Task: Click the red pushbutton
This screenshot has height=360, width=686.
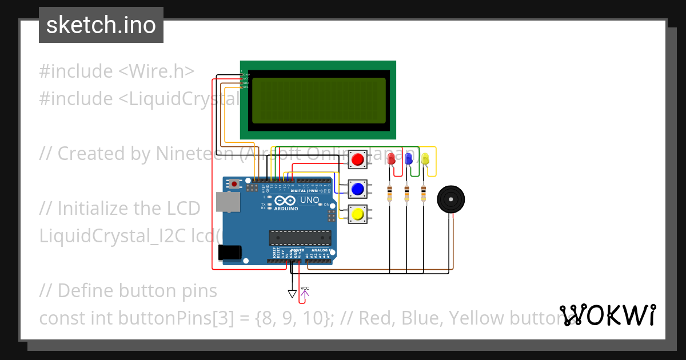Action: tap(358, 159)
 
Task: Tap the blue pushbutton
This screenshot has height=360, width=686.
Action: tap(358, 187)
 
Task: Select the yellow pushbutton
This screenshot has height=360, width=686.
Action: tap(358, 214)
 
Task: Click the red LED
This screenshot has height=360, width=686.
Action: tap(391, 158)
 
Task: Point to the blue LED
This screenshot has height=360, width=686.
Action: tap(408, 158)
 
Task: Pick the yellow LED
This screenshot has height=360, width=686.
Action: tap(425, 158)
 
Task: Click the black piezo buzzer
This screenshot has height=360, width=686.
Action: tap(450, 199)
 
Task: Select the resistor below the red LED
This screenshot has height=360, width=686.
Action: tap(390, 193)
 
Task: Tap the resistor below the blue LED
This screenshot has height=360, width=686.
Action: tap(406, 193)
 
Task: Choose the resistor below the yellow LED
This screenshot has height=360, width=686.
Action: tap(424, 193)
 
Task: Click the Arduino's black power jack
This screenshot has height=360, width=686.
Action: tap(230, 252)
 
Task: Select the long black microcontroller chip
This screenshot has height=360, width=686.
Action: tap(300, 237)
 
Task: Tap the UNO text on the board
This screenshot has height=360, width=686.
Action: tap(309, 201)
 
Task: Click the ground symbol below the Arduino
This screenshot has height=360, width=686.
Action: tap(292, 294)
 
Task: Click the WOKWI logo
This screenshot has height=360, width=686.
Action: tap(607, 315)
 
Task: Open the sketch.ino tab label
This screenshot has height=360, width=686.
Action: tap(101, 25)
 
